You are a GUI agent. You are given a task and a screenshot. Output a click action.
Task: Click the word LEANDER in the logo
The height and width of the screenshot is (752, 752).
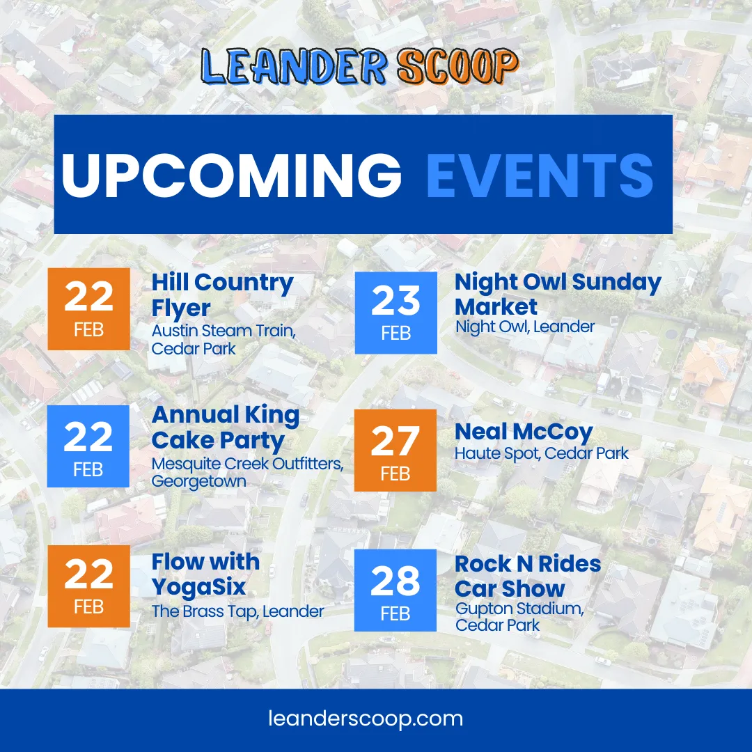tap(294, 65)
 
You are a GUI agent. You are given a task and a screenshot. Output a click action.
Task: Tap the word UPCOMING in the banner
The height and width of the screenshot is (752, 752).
tap(232, 175)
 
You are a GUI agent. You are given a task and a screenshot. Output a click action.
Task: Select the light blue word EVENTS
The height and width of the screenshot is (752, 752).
tap(540, 175)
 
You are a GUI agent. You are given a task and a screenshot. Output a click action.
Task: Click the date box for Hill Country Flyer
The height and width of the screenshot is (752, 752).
tap(88, 309)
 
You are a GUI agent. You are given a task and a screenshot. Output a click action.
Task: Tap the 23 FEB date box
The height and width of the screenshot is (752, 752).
tap(395, 313)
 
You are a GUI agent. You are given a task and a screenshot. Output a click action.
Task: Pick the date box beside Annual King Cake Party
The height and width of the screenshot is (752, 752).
tap(88, 446)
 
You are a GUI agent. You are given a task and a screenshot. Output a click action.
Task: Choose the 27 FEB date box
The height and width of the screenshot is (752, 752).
tap(395, 451)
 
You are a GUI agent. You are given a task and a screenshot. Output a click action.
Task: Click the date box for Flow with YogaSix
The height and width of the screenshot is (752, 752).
tap(88, 586)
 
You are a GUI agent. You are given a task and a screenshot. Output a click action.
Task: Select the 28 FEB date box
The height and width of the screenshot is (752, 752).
tap(395, 590)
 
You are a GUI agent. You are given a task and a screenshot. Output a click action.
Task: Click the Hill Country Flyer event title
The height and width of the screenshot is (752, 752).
tap(223, 295)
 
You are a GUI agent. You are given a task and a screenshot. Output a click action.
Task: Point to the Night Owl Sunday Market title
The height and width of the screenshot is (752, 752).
tap(558, 294)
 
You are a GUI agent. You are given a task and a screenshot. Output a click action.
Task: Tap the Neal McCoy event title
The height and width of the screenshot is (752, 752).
tap(524, 432)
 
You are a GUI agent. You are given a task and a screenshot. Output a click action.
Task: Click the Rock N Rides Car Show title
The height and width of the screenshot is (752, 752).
tap(528, 576)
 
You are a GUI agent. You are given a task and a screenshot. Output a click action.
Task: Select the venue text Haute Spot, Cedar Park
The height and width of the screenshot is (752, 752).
tap(542, 453)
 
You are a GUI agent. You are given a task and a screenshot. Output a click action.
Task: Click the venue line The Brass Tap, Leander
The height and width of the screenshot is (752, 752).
tap(238, 611)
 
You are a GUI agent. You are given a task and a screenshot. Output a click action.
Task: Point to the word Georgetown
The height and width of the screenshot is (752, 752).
tap(199, 481)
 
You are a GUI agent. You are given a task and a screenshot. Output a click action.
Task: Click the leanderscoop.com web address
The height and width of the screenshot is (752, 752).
tap(366, 719)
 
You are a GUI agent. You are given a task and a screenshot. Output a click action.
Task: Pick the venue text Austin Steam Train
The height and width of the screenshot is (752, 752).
tap(224, 331)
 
